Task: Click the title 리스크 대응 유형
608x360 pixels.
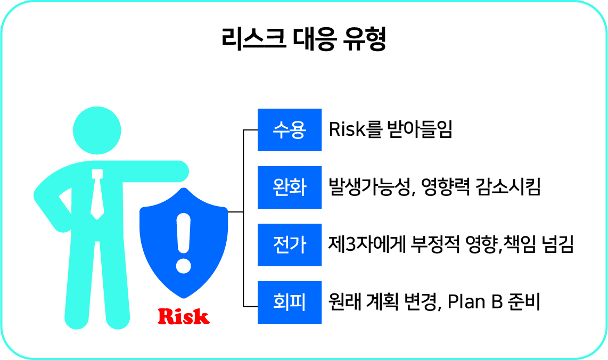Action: (x=304, y=39)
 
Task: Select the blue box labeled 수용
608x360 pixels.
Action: (x=290, y=130)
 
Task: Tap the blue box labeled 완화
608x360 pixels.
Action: (x=290, y=187)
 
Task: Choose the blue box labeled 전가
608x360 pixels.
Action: (x=290, y=245)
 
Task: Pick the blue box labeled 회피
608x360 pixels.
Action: (x=290, y=302)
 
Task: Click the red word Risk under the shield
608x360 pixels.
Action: (x=184, y=316)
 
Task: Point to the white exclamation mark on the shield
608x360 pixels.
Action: (x=183, y=243)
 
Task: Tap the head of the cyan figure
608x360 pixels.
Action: (x=97, y=130)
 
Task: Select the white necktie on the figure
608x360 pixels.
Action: (x=97, y=194)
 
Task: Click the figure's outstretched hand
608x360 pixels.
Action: (x=178, y=171)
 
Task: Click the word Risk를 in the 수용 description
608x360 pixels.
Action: (x=355, y=129)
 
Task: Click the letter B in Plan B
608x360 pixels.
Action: (x=497, y=302)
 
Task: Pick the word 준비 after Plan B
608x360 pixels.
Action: (x=524, y=302)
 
